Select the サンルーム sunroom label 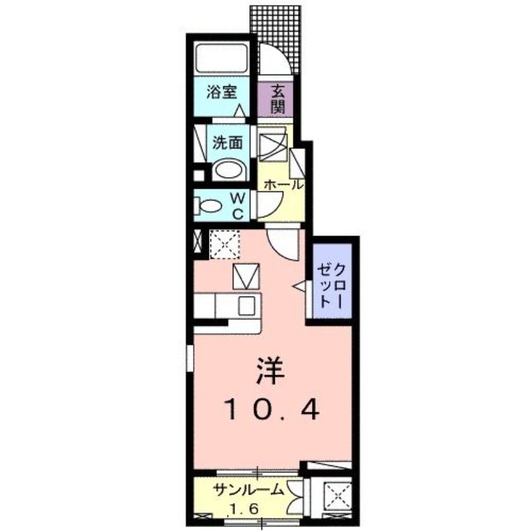click(248, 490)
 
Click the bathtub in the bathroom click(222, 58)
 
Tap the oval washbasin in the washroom click(228, 170)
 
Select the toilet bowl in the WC click(208, 206)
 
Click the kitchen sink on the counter click(247, 305)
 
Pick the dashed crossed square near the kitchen click(224, 243)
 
